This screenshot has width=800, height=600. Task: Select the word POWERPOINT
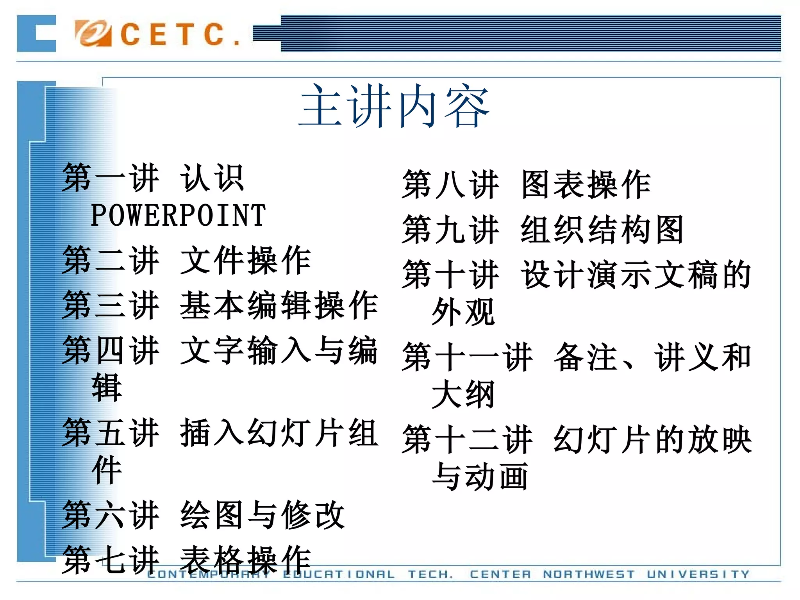(178, 216)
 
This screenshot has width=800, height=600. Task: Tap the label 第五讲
(111, 432)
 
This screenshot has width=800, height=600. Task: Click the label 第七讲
(111, 559)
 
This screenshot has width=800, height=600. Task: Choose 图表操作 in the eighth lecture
(586, 185)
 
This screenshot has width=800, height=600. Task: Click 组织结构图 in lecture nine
(602, 230)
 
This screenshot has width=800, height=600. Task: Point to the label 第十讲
(451, 275)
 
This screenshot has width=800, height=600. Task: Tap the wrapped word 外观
(463, 312)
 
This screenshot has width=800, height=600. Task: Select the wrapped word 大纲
(463, 395)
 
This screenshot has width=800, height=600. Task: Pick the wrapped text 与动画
(480, 477)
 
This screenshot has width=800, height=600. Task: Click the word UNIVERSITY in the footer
(698, 574)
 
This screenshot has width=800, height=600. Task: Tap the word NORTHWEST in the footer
(589, 574)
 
